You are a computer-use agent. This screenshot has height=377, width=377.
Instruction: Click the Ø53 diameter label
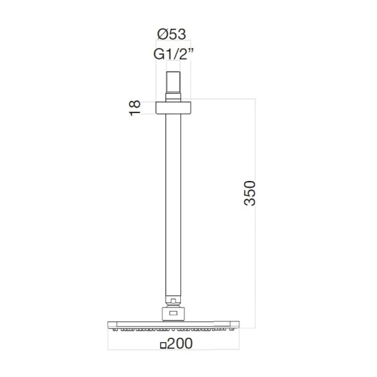click(171, 34)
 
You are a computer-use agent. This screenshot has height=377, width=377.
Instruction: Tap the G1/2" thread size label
click(173, 54)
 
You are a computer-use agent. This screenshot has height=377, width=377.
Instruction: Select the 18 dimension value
click(134, 108)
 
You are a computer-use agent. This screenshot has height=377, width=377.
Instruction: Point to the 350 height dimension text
click(250, 193)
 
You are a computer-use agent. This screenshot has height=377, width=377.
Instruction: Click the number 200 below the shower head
click(180, 343)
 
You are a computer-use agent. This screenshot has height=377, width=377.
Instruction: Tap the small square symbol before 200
click(164, 345)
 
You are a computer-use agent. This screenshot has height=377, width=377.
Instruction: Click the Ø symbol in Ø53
click(162, 34)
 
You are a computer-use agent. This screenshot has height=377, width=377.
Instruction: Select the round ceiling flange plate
click(173, 108)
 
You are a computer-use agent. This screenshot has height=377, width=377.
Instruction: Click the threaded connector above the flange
click(173, 86)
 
